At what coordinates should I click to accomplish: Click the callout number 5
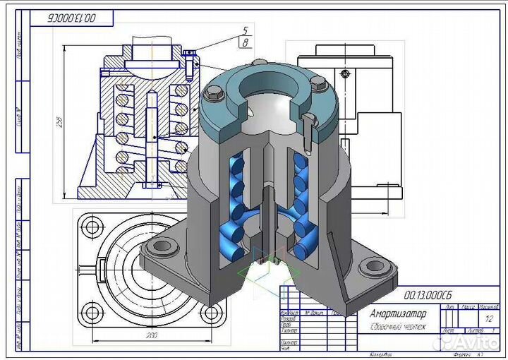pyautogui.click(x=245, y=31)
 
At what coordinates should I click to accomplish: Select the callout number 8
pyautogui.click(x=245, y=43)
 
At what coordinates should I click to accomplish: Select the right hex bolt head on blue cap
pyautogui.click(x=319, y=83)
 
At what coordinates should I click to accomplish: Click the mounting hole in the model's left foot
pyautogui.click(x=163, y=246)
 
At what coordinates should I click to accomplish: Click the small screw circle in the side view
pyautogui.click(x=344, y=73)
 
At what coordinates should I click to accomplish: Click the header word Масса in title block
pyautogui.click(x=467, y=307)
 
